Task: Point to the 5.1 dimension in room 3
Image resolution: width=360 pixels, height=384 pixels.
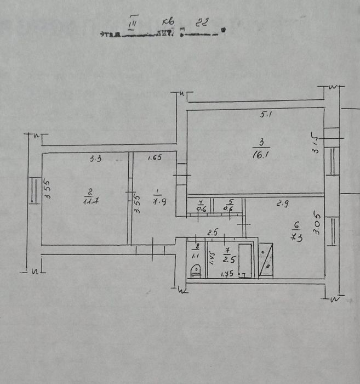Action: (x=265, y=115)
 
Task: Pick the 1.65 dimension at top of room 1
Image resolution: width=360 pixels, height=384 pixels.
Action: (x=155, y=159)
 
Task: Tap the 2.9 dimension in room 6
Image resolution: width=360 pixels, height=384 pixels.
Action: (x=283, y=204)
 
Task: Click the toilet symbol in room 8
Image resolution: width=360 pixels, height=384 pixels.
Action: (x=194, y=270)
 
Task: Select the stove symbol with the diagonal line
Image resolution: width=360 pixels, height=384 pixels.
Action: (x=267, y=261)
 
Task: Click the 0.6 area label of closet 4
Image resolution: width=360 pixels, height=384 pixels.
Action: (x=201, y=209)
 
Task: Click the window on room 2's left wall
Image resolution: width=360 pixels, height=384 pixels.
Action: (x=33, y=191)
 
